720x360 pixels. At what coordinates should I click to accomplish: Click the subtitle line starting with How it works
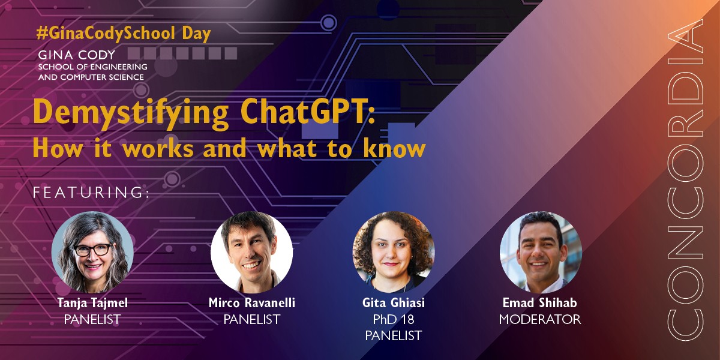[x=229, y=148]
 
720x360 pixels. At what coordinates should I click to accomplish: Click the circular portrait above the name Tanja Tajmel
[x=92, y=252]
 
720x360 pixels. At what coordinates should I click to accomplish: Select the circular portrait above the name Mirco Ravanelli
[x=251, y=252]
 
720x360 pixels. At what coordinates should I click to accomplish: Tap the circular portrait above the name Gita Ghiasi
[x=393, y=252]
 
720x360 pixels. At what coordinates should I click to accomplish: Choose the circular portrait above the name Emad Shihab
[x=540, y=252]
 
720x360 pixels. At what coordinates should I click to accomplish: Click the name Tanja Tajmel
[x=92, y=304]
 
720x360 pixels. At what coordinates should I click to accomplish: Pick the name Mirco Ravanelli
[x=251, y=304]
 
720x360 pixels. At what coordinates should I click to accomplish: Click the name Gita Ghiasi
[x=393, y=304]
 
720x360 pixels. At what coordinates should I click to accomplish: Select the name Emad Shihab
[x=540, y=304]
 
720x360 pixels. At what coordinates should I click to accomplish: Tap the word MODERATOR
[x=540, y=320]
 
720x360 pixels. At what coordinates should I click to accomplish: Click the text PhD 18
[x=393, y=320]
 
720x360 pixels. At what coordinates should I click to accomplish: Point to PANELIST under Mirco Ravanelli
[x=251, y=320]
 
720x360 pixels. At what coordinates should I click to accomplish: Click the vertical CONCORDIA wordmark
[x=686, y=180]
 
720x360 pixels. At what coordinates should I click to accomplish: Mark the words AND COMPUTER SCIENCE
[x=91, y=77]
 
